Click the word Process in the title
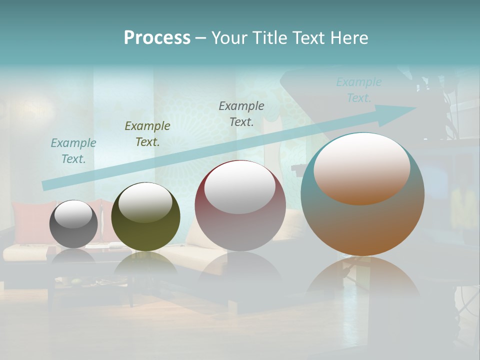(157, 38)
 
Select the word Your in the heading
(228, 38)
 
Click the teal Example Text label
(73, 151)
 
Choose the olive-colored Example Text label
(147, 134)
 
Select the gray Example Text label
(241, 113)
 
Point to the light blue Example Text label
(359, 90)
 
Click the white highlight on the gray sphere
(73, 213)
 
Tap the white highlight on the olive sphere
(145, 201)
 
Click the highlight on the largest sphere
(362, 168)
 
